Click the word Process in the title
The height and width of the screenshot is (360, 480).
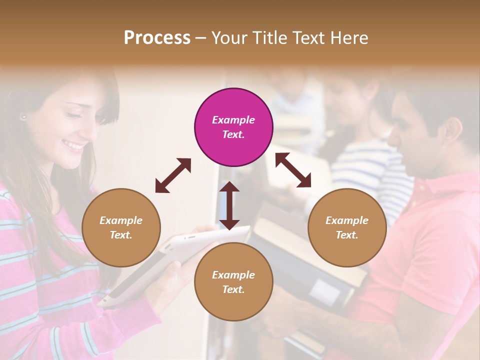pos(157,38)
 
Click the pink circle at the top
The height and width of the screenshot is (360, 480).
pos(233,127)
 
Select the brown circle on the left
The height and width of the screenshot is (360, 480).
pos(121,227)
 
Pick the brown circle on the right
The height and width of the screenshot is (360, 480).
pos(347,227)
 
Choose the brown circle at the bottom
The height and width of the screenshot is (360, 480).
pos(233,282)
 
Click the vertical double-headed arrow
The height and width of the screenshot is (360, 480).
pos(229,205)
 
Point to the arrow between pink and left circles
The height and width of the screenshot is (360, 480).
pos(173,175)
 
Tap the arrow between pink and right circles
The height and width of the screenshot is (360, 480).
pos(293,170)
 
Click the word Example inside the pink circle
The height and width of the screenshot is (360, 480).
pos(233,120)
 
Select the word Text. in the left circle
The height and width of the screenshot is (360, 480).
pos(121,235)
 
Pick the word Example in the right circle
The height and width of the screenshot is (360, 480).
pos(347,220)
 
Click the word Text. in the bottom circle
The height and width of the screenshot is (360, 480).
pos(233,289)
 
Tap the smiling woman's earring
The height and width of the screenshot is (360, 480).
pos(23,117)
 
